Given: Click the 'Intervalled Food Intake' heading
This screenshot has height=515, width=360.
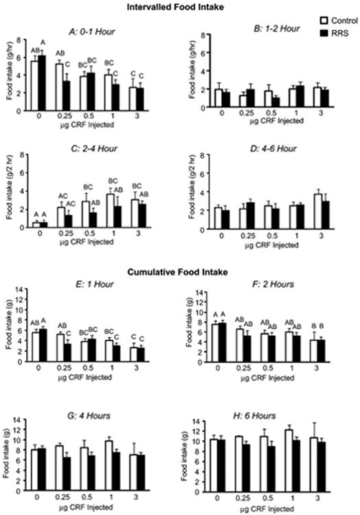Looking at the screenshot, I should [x=180, y=8].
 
